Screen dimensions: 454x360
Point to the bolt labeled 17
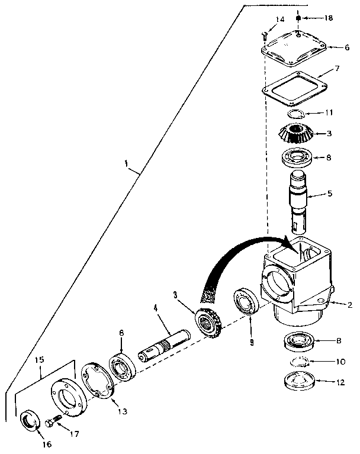pos(53,424)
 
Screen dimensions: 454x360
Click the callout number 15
pos(40,359)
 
